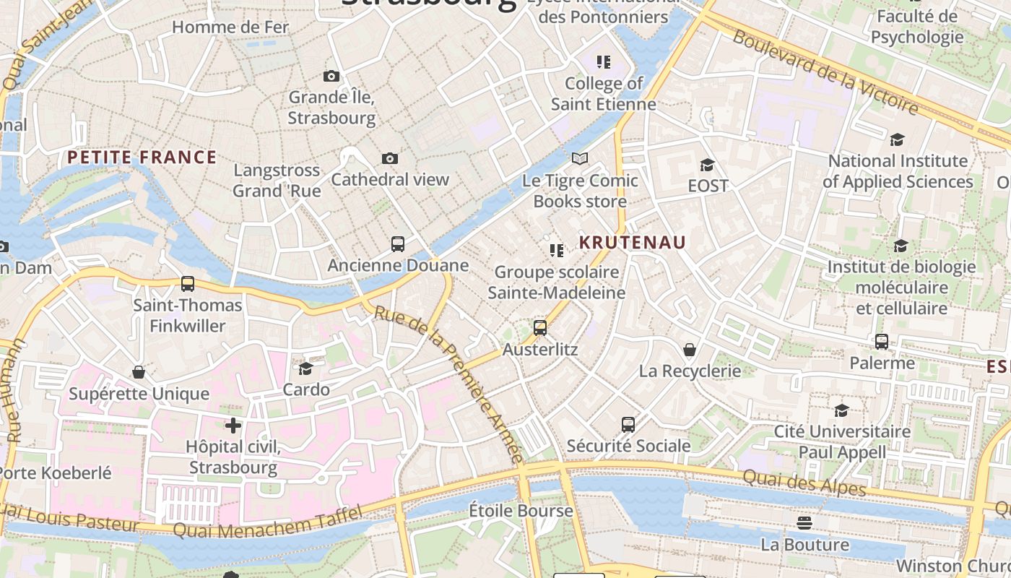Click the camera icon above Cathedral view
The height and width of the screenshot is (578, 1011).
(390, 158)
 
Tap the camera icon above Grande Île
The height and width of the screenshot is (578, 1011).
(331, 76)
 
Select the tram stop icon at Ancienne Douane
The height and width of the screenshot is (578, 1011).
(398, 244)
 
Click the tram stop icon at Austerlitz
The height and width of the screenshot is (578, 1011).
(540, 328)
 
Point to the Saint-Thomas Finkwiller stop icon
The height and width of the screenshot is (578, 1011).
(188, 284)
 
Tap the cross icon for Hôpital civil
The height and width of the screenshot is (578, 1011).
(233, 425)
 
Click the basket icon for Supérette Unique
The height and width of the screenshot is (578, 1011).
(139, 372)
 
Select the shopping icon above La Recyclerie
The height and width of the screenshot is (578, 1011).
(690, 350)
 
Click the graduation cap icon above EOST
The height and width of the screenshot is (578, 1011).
(708, 165)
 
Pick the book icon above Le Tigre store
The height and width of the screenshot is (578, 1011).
(580, 158)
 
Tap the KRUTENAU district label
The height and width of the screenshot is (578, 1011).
(632, 243)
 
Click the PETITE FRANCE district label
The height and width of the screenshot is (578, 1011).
(142, 158)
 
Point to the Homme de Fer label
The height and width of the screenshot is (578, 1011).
(230, 27)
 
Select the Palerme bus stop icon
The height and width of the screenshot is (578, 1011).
(882, 342)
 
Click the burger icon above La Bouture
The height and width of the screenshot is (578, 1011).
(805, 522)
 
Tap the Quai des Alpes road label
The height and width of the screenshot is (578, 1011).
(804, 483)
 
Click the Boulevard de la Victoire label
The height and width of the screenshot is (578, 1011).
(825, 72)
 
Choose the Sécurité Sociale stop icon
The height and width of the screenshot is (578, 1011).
(628, 425)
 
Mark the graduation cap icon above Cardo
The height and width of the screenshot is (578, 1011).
(306, 368)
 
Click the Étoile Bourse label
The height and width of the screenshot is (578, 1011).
(521, 511)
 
